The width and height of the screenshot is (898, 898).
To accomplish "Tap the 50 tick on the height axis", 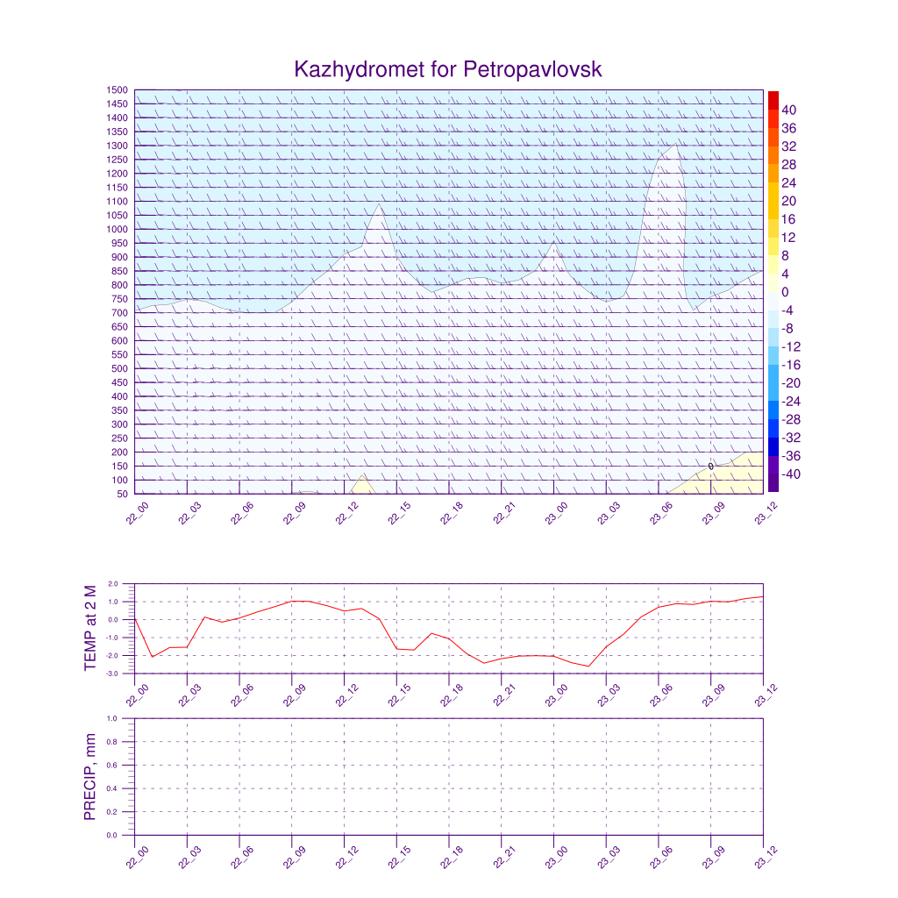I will tap(121, 494).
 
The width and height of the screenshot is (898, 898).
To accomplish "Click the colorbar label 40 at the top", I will tap(789, 110).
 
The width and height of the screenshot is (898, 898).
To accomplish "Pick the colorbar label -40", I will tap(790, 474).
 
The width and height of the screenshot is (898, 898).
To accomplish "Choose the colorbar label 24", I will tap(789, 183).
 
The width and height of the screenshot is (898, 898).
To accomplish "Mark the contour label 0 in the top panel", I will tap(710, 466).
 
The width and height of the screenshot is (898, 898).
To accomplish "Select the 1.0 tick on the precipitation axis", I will tap(112, 718).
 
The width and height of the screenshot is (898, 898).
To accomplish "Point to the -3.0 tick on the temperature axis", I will tap(111, 673).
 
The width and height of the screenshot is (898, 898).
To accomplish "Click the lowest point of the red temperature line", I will tap(588, 666).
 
